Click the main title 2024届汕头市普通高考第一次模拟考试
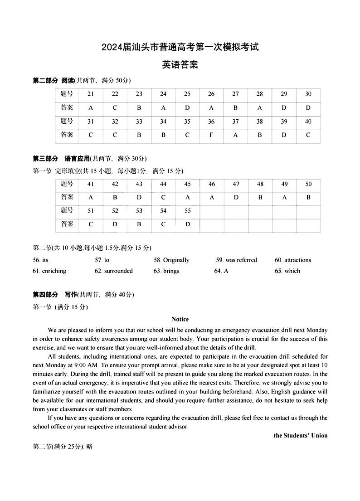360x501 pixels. coord(180,47)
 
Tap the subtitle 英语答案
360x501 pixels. coord(180,65)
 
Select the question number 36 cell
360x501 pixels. coord(211,122)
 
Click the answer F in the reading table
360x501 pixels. coord(211,135)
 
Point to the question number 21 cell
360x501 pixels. coord(91,94)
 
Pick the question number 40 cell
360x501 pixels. coord(308,122)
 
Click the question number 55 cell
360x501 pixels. coord(188,211)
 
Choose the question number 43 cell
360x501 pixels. coord(139,184)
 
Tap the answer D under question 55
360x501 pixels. coord(188,224)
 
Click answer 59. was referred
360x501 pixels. coord(236,260)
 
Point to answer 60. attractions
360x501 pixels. coord(293,260)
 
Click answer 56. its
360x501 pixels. coord(40,260)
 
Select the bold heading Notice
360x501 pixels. coord(180,320)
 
